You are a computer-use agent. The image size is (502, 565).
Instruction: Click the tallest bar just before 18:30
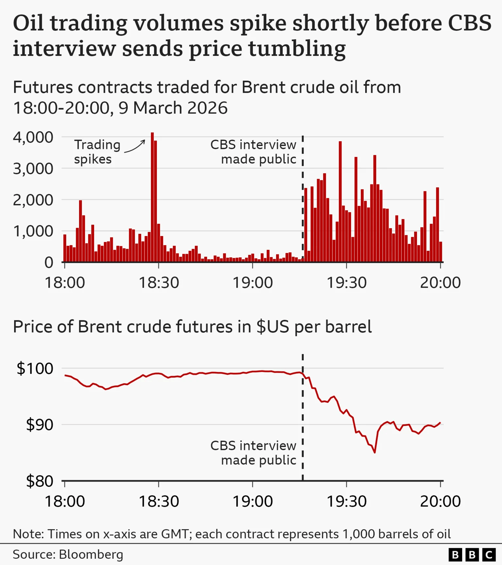click(152, 196)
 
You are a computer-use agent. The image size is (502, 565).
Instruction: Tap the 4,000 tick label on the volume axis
click(33, 137)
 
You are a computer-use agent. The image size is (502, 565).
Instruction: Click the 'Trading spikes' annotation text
click(97, 152)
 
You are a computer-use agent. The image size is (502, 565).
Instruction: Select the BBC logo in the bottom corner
click(472, 555)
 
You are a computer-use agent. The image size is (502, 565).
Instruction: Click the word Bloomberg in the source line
click(91, 555)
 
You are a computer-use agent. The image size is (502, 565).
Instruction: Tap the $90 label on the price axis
click(39, 424)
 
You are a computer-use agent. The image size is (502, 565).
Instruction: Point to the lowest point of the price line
click(375, 452)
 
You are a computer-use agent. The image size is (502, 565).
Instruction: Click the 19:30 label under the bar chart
click(346, 282)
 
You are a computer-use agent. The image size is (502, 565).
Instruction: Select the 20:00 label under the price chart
click(440, 501)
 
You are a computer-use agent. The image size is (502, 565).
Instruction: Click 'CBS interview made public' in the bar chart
click(253, 152)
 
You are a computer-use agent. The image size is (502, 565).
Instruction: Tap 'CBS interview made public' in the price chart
click(253, 453)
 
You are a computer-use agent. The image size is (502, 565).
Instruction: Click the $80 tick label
click(39, 481)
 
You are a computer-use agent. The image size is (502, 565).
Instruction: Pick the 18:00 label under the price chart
click(65, 501)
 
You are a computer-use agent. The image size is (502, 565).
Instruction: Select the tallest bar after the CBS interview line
click(340, 201)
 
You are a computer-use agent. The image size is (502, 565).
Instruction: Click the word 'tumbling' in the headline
click(297, 48)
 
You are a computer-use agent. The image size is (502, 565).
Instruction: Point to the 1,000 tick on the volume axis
click(33, 231)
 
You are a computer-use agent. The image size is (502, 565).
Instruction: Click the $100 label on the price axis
click(35, 368)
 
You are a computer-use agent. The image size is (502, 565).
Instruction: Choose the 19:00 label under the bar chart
click(252, 282)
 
